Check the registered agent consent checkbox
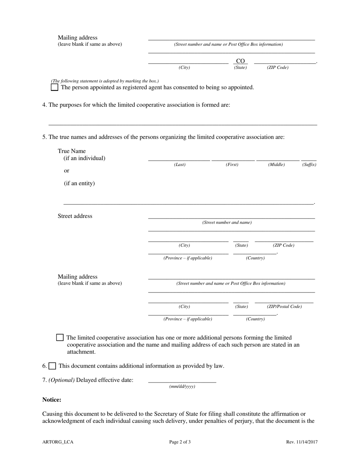point(55,87)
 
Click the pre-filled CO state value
point(240,61)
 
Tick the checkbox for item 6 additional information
point(52,366)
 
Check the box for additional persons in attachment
point(60,338)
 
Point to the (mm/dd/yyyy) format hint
point(182,386)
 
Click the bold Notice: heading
point(52,400)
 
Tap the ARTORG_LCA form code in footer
point(58,442)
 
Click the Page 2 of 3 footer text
point(180,442)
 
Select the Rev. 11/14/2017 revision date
point(302,442)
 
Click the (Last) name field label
point(180,165)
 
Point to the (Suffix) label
point(309,165)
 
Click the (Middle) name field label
point(276,165)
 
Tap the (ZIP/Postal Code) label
point(284,306)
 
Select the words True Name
point(72,151)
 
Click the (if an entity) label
point(79,183)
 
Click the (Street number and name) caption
point(227,222)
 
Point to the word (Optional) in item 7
point(61,380)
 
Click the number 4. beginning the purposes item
point(45,105)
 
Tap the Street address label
point(75,216)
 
